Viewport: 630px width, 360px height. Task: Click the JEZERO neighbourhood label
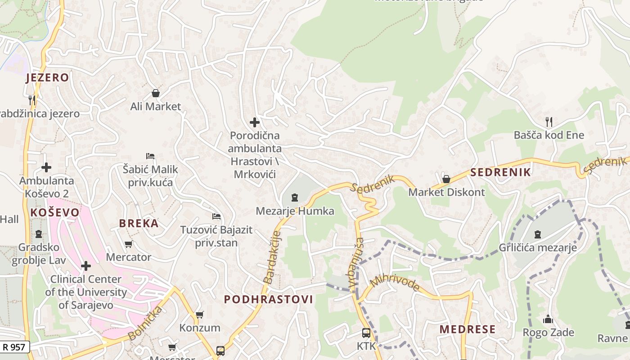pos(47,78)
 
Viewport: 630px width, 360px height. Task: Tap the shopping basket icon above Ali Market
pos(155,93)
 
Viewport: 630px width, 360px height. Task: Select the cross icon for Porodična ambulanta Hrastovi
pos(255,122)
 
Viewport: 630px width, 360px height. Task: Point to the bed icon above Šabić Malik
pos(150,156)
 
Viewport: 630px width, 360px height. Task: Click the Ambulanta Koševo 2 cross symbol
pos(46,167)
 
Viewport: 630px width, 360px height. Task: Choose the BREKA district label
pos(139,223)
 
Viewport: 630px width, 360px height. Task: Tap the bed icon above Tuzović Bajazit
pos(216,216)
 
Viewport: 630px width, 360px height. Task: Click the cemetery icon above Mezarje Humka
pos(295,197)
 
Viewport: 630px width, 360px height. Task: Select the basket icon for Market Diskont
pos(446,179)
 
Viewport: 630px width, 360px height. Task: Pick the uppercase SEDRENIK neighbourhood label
pos(500,172)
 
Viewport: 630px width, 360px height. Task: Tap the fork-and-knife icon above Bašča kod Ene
pos(549,121)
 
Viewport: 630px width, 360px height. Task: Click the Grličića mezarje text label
pos(538,247)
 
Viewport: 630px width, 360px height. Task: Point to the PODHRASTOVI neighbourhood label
pos(268,300)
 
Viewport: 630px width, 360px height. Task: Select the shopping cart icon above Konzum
pos(199,315)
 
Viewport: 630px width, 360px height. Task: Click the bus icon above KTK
pos(366,333)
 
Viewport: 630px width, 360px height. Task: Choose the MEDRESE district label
pos(468,329)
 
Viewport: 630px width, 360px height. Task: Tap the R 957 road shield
pos(15,347)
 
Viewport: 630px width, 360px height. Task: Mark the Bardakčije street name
pos(272,257)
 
